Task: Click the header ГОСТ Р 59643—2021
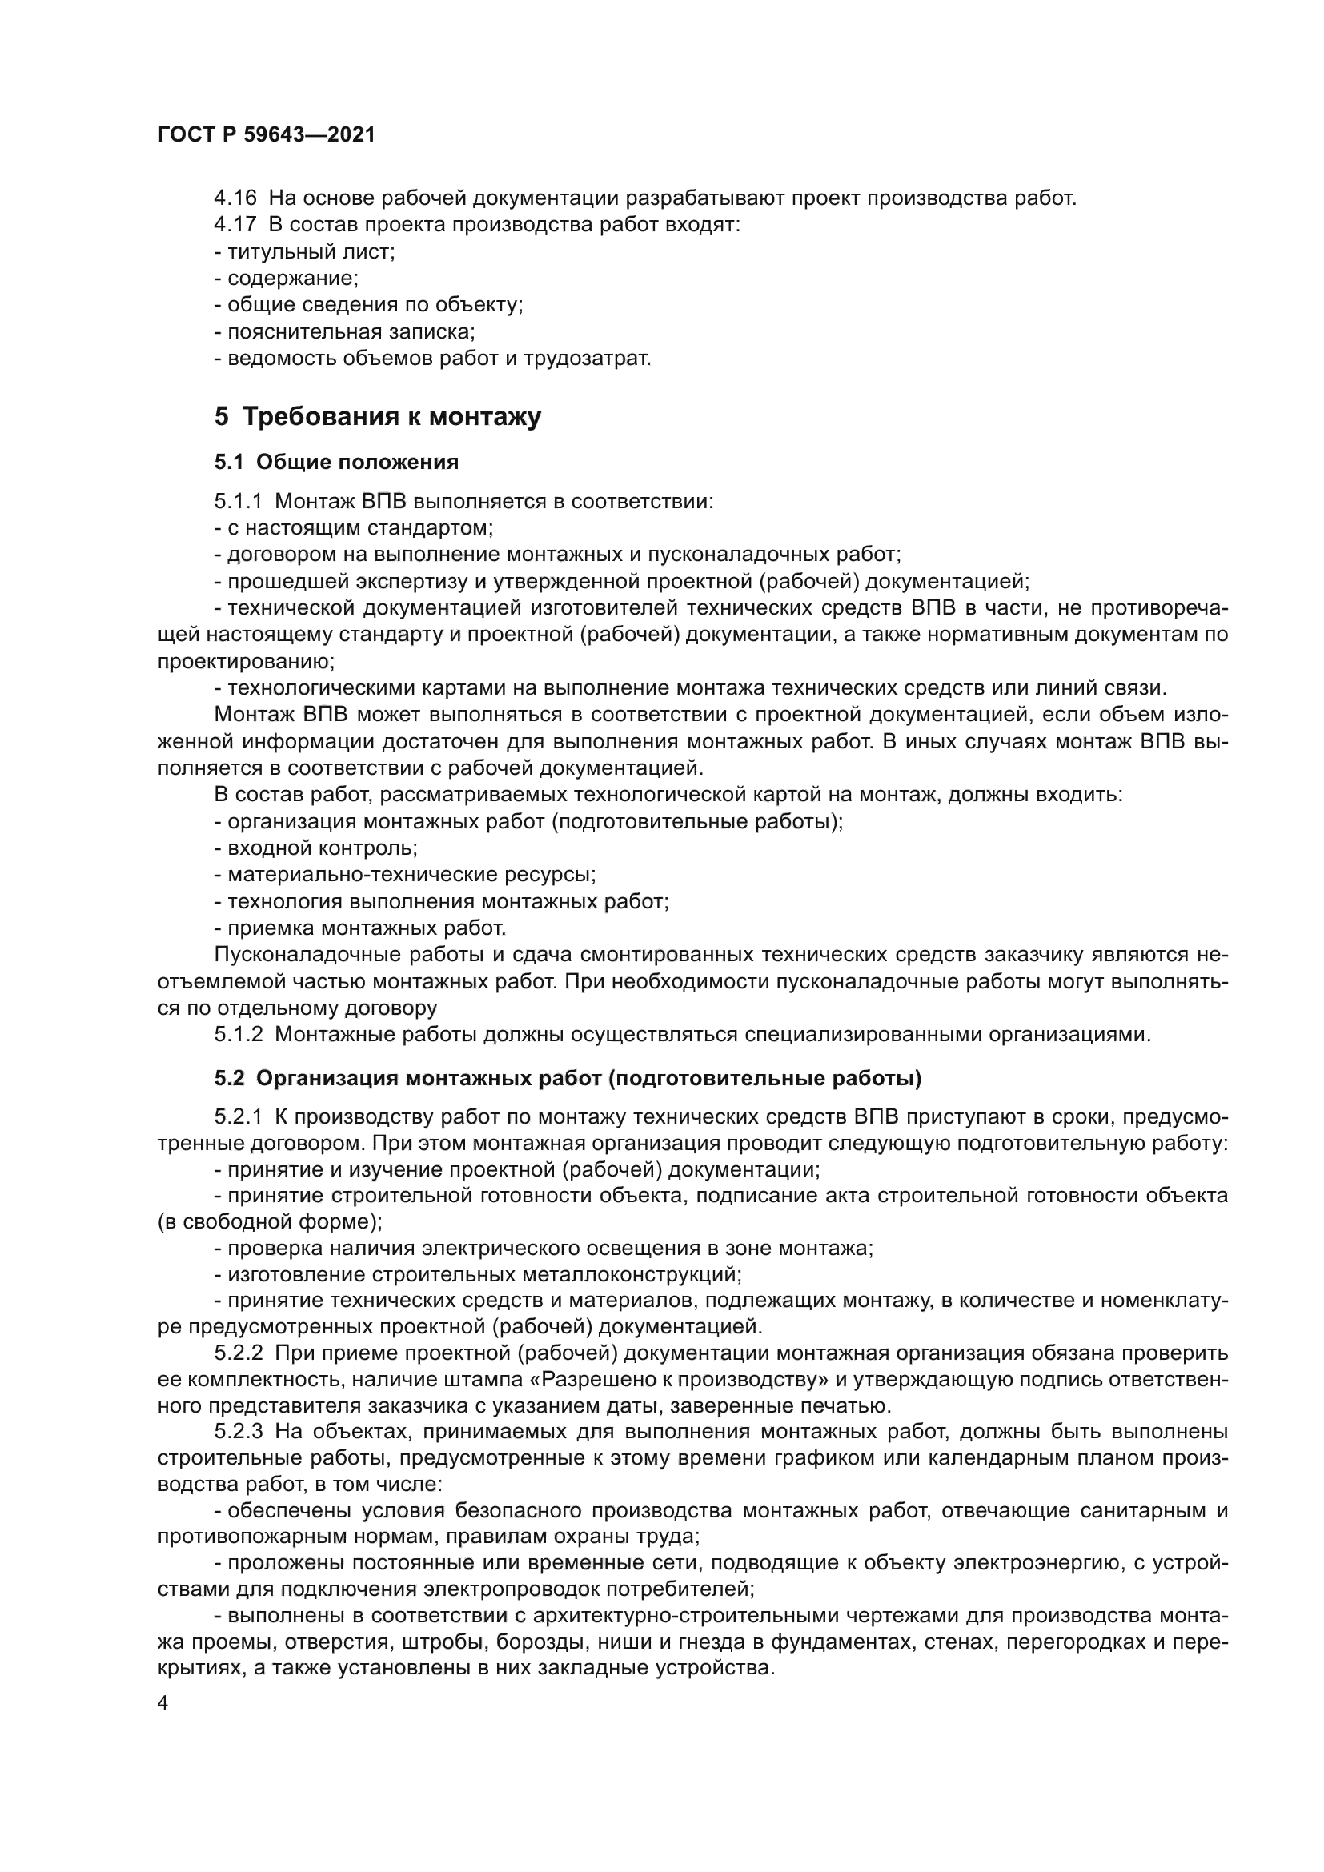click(267, 135)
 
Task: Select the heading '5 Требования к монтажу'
click(378, 417)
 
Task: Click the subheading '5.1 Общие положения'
click(336, 463)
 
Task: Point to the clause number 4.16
click(235, 198)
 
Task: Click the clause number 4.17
click(235, 225)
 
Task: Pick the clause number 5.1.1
click(238, 502)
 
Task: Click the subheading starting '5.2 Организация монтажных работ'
click(568, 1079)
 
